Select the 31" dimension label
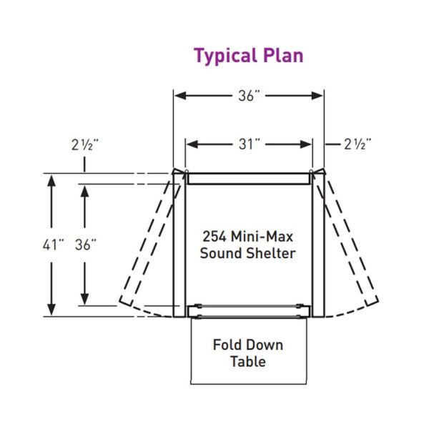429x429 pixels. [248, 144]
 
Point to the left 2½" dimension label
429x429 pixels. [84, 144]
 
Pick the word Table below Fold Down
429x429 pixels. [247, 361]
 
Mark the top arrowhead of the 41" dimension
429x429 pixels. [51, 181]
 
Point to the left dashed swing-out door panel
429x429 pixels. [148, 243]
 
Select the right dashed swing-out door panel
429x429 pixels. [350, 243]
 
